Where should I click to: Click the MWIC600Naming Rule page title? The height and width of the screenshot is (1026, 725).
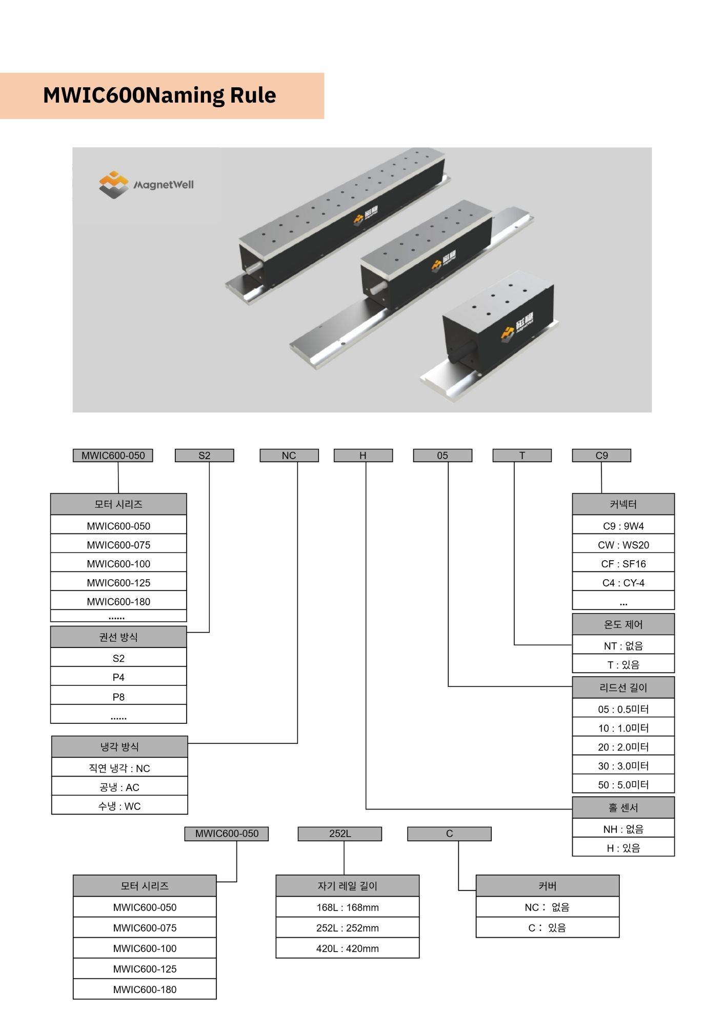(159, 95)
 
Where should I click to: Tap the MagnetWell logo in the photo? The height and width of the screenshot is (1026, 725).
(147, 184)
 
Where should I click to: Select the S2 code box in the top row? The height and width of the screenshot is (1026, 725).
(204, 456)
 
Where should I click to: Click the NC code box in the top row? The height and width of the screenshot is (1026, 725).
(289, 456)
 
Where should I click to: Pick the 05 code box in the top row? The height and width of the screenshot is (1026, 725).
(442, 456)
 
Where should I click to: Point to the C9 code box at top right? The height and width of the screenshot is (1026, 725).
(601, 456)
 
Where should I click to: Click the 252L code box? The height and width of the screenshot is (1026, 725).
(339, 834)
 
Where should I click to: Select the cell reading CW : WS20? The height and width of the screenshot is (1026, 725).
(623, 545)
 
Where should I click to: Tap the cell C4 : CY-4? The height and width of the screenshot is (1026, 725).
(623, 583)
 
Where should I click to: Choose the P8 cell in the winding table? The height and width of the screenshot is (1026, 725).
(118, 697)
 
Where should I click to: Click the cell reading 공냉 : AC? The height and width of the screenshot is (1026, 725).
(119, 787)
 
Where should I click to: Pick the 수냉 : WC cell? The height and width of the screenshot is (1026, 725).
(119, 806)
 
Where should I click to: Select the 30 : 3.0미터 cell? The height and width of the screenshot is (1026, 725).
(623, 766)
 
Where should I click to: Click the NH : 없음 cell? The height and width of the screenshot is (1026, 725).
(623, 829)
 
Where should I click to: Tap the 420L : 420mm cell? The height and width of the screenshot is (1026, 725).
(348, 949)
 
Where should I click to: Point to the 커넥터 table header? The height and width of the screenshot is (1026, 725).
(623, 504)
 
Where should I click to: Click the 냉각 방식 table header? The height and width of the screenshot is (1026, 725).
(119, 747)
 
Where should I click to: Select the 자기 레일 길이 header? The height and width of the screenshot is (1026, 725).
(348, 886)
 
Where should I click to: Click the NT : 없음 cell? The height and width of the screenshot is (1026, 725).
(623, 646)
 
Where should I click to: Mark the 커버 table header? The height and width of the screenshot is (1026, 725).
(548, 886)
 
